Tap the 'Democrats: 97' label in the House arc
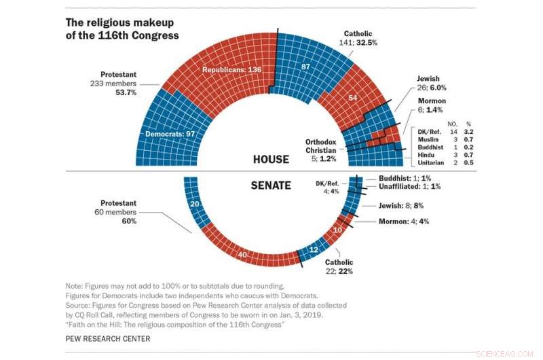click(x=174, y=134)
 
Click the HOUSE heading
click(x=270, y=160)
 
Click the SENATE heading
click(x=271, y=185)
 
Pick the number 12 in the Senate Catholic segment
click(x=313, y=251)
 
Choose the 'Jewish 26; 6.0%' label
click(x=432, y=82)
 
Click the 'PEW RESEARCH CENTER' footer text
click(x=108, y=338)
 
